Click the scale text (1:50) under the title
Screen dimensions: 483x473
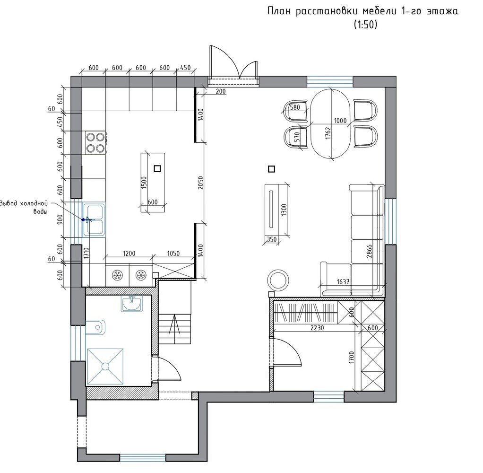tap(365, 24)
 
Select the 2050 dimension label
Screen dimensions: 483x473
tap(200, 183)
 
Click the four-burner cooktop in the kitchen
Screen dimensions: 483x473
tap(95, 143)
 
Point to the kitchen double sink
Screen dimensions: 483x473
tap(94, 219)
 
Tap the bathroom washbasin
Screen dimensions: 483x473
tap(131, 304)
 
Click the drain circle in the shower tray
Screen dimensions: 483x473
tap(105, 367)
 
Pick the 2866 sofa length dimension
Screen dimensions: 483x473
tap(369, 251)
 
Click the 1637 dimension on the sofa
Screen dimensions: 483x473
tap(343, 281)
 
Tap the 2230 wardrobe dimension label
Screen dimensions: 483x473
tap(317, 328)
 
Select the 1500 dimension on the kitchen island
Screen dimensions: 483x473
tap(144, 183)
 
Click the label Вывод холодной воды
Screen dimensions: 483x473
tap(24, 208)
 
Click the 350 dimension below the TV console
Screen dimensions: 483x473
tap(271, 239)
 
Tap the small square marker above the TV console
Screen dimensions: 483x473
tap(271, 169)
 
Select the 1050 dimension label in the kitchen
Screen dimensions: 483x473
tap(173, 254)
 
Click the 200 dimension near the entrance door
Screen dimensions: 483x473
tap(221, 91)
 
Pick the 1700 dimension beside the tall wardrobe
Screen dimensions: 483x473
tap(352, 357)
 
